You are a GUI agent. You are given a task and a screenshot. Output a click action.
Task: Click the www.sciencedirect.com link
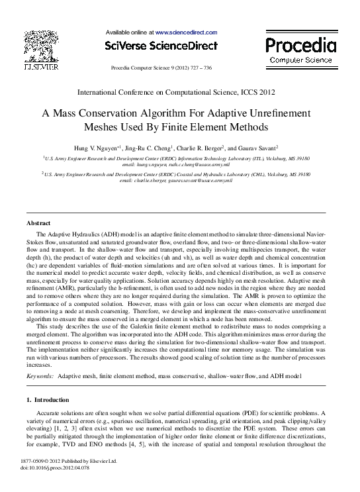coord(186,32)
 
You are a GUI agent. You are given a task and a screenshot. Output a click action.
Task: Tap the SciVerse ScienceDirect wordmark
coord(161,46)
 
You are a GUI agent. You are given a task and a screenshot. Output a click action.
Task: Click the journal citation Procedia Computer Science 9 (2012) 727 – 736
coord(161,68)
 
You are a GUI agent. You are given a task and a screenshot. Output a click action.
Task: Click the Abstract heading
coord(38,223)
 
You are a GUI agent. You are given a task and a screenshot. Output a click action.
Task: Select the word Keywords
coord(39,375)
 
